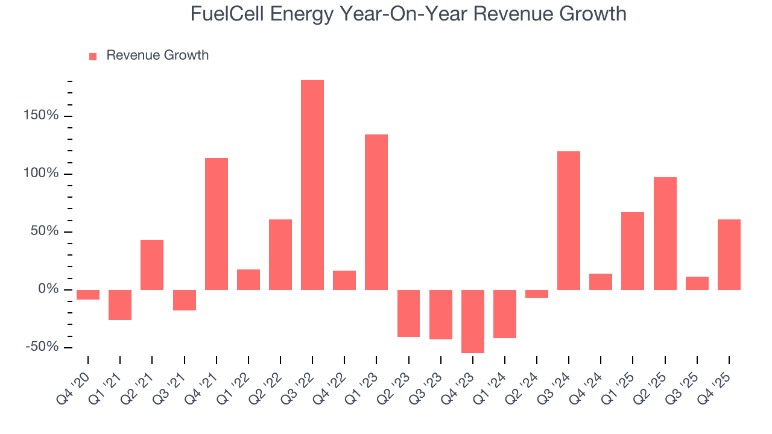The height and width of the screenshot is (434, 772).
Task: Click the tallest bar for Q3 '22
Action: [x=312, y=185]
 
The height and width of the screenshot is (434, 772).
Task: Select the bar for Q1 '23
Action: [x=376, y=212]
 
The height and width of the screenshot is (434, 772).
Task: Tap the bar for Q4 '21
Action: [x=217, y=224]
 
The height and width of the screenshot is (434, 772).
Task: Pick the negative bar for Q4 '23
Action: [x=473, y=321]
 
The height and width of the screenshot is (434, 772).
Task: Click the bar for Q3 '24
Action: [x=569, y=221]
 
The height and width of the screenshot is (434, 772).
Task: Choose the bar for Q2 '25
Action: [x=665, y=233]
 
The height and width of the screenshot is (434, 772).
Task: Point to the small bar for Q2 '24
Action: [x=537, y=294]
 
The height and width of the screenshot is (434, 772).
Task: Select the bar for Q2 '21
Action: [x=152, y=265]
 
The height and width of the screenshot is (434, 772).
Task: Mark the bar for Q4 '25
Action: [x=729, y=254]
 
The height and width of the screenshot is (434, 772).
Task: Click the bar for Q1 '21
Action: [x=120, y=305]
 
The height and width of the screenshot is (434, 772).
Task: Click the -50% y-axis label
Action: [x=43, y=347]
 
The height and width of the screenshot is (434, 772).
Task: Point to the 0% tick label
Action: [x=48, y=289]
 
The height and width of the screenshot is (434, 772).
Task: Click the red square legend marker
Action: [x=93, y=57]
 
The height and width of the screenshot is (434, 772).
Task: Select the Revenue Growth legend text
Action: [x=157, y=55]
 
